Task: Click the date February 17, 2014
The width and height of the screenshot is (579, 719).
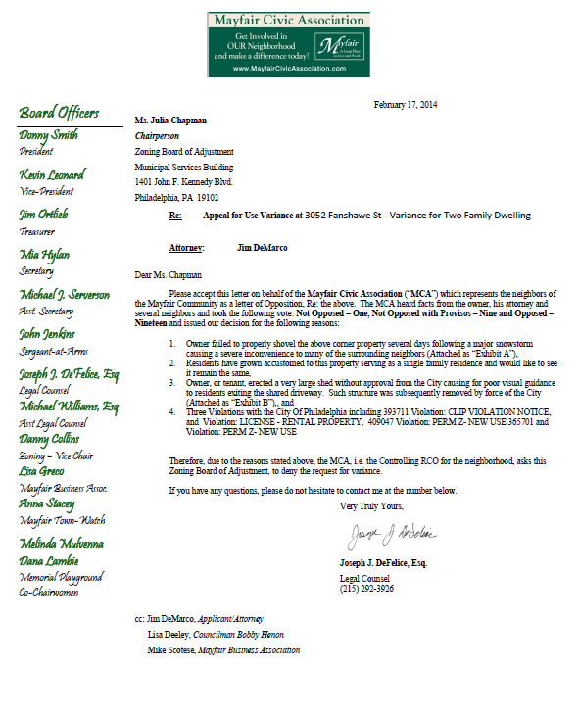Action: [407, 104]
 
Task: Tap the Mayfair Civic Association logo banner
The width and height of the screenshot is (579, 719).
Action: [288, 44]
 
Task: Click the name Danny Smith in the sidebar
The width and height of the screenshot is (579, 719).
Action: [48, 134]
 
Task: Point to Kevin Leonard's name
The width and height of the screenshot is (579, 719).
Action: [52, 174]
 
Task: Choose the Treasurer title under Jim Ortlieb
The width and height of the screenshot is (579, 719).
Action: [37, 231]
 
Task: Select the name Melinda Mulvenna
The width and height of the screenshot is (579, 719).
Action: [63, 542]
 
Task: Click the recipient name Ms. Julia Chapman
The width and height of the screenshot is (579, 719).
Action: [170, 120]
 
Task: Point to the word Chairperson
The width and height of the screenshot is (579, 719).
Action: [159, 136]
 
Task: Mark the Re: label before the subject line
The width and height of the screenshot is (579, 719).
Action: [175, 215]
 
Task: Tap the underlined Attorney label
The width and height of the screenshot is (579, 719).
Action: [187, 249]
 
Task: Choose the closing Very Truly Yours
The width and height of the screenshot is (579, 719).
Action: [371, 505]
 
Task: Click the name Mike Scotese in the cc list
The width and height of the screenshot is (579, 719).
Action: [171, 648]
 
